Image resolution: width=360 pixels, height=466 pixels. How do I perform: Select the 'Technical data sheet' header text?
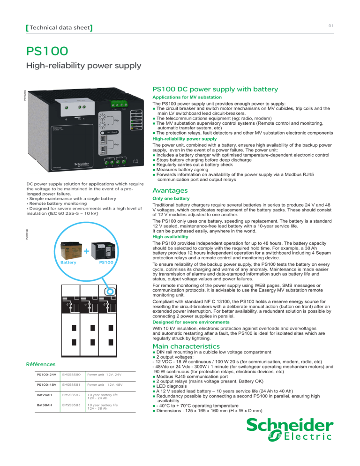coord(59,28)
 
